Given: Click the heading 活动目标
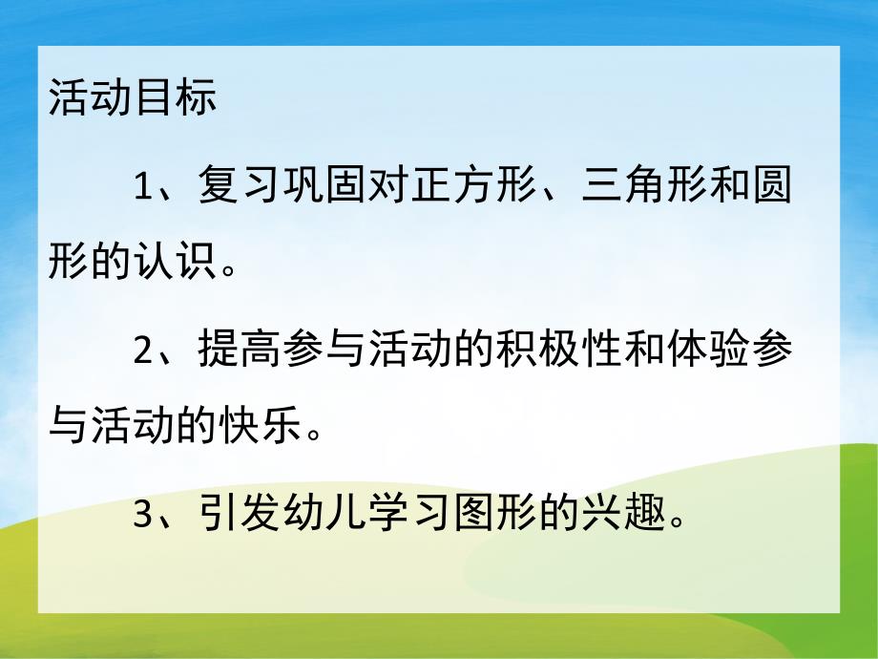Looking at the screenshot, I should (133, 99).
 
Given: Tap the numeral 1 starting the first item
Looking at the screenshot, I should (142, 187).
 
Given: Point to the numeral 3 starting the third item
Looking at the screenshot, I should (142, 516).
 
